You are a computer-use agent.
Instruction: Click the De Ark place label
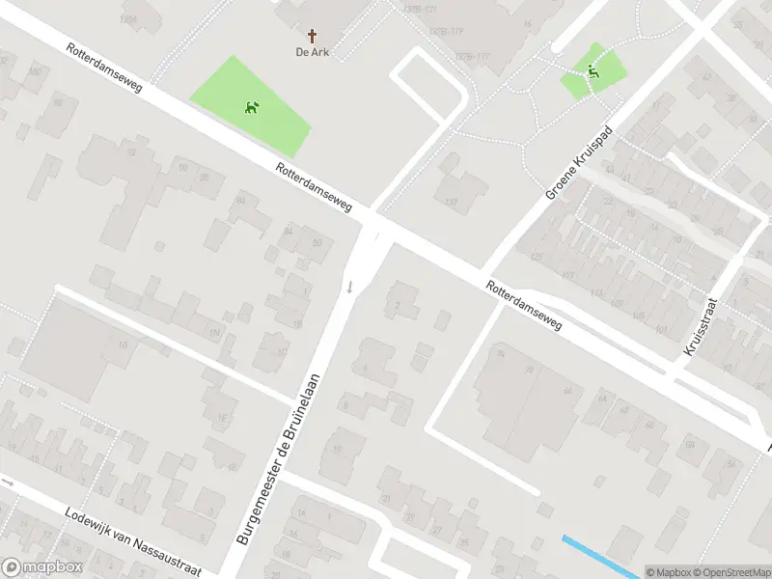313,52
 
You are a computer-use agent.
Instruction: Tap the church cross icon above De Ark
313,35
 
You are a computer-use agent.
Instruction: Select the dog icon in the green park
253,107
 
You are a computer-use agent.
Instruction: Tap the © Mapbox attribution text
667,572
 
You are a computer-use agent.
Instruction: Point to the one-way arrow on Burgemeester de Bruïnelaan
350,287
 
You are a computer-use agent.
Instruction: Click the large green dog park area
251,106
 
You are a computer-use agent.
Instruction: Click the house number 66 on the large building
566,391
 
